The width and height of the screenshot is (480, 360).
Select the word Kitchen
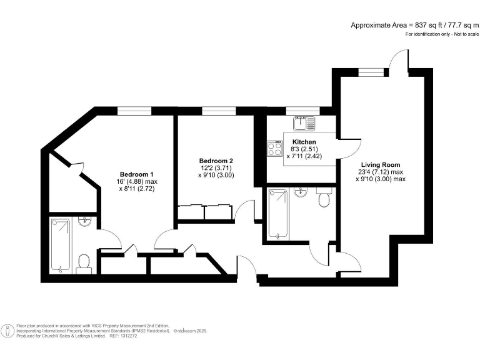tap(304, 142)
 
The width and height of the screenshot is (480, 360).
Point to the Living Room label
tap(380, 164)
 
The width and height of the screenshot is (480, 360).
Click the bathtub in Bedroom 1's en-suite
tap(61, 244)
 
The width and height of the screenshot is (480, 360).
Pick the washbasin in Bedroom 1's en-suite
tap(86, 221)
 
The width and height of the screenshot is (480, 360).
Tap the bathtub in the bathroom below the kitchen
tap(277, 214)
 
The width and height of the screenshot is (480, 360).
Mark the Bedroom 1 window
tap(135, 111)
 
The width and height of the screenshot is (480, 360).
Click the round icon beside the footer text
tap(7, 330)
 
